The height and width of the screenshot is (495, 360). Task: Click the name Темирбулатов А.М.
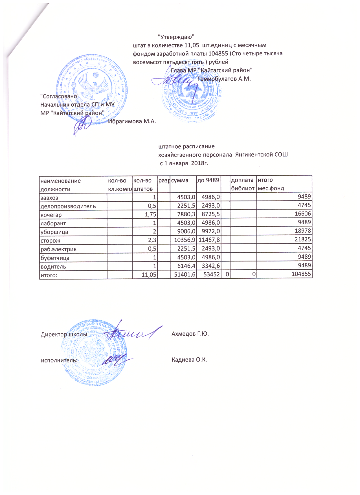point(224,79)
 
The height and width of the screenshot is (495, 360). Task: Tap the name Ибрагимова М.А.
point(132,122)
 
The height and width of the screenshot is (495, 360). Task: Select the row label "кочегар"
point(51,215)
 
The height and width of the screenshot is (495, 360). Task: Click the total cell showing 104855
point(301,274)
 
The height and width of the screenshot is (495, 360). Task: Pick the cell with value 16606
point(303,214)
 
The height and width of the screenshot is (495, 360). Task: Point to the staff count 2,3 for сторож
point(152,240)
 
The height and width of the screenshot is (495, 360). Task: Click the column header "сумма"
point(180,180)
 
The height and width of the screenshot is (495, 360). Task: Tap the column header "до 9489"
point(208,180)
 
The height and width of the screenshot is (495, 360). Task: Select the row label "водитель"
point(53,267)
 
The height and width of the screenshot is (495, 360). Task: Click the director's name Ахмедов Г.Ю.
point(190,334)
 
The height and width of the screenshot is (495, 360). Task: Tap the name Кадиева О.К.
point(189,360)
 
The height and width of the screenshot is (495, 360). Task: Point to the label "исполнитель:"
point(59,360)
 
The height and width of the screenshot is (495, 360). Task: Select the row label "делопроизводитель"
point(68,206)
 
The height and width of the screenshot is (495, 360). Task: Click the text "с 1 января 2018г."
point(184,163)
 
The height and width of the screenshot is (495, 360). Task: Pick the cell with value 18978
point(303,231)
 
